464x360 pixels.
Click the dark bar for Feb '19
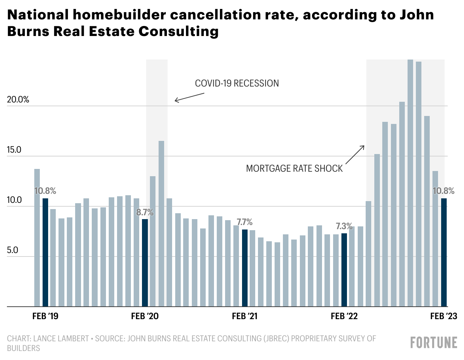tap(45, 252)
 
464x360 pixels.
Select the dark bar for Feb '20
tap(145, 263)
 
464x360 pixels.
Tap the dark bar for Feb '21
tap(245, 268)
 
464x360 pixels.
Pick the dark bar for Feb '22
tap(344, 270)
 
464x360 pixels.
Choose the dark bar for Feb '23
tap(444, 252)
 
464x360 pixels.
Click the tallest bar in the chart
tap(410, 183)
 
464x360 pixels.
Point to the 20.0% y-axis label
tap(18, 99)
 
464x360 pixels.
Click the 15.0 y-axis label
tap(14, 150)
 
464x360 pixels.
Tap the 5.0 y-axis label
tap(12, 250)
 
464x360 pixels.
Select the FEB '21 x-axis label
tap(245, 316)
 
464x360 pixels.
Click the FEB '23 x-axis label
tap(444, 316)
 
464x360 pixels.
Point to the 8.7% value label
tap(145, 212)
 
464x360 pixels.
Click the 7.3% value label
tap(344, 226)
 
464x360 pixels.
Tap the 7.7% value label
tap(244, 222)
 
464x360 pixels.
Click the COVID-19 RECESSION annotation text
tap(237, 83)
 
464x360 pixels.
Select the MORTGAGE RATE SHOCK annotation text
tap(294, 168)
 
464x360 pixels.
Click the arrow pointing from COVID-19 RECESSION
tap(189, 97)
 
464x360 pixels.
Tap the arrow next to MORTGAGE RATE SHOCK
tap(355, 155)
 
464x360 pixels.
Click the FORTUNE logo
tap(434, 342)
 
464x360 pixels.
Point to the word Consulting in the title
tap(179, 31)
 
